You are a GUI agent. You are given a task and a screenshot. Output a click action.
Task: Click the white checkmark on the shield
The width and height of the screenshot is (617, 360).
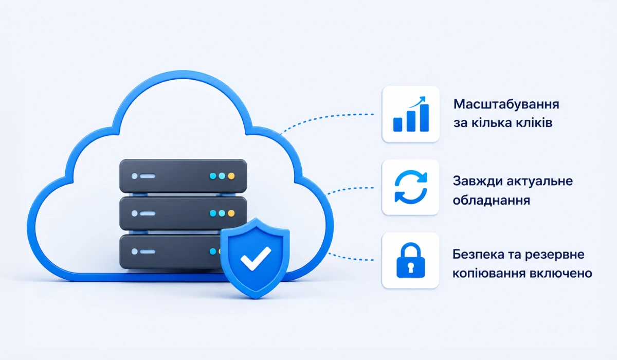(256, 258)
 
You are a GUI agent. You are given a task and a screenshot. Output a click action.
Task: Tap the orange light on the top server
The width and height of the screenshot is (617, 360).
(231, 176)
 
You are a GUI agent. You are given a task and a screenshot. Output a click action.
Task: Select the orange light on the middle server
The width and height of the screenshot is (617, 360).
(231, 213)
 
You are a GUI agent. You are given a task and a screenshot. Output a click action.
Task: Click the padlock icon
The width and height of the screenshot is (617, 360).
(410, 260)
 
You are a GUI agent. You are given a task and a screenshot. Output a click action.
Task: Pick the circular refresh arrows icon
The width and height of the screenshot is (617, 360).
(411, 187)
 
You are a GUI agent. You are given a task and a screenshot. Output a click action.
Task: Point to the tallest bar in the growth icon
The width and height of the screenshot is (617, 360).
(424, 118)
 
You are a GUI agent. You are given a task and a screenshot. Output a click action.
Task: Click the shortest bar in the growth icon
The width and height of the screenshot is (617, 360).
(398, 124)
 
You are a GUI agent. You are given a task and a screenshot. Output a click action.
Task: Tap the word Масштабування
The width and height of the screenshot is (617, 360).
(506, 104)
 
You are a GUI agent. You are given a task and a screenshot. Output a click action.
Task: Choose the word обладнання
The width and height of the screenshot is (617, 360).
(492, 201)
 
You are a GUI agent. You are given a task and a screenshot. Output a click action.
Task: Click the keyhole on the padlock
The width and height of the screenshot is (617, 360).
(410, 267)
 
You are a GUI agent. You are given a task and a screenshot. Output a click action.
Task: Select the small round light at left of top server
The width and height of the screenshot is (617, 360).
(134, 176)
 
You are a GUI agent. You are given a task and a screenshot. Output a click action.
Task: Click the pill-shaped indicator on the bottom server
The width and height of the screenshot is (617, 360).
(148, 251)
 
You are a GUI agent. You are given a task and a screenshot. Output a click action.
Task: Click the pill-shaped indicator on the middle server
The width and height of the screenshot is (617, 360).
(148, 213)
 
